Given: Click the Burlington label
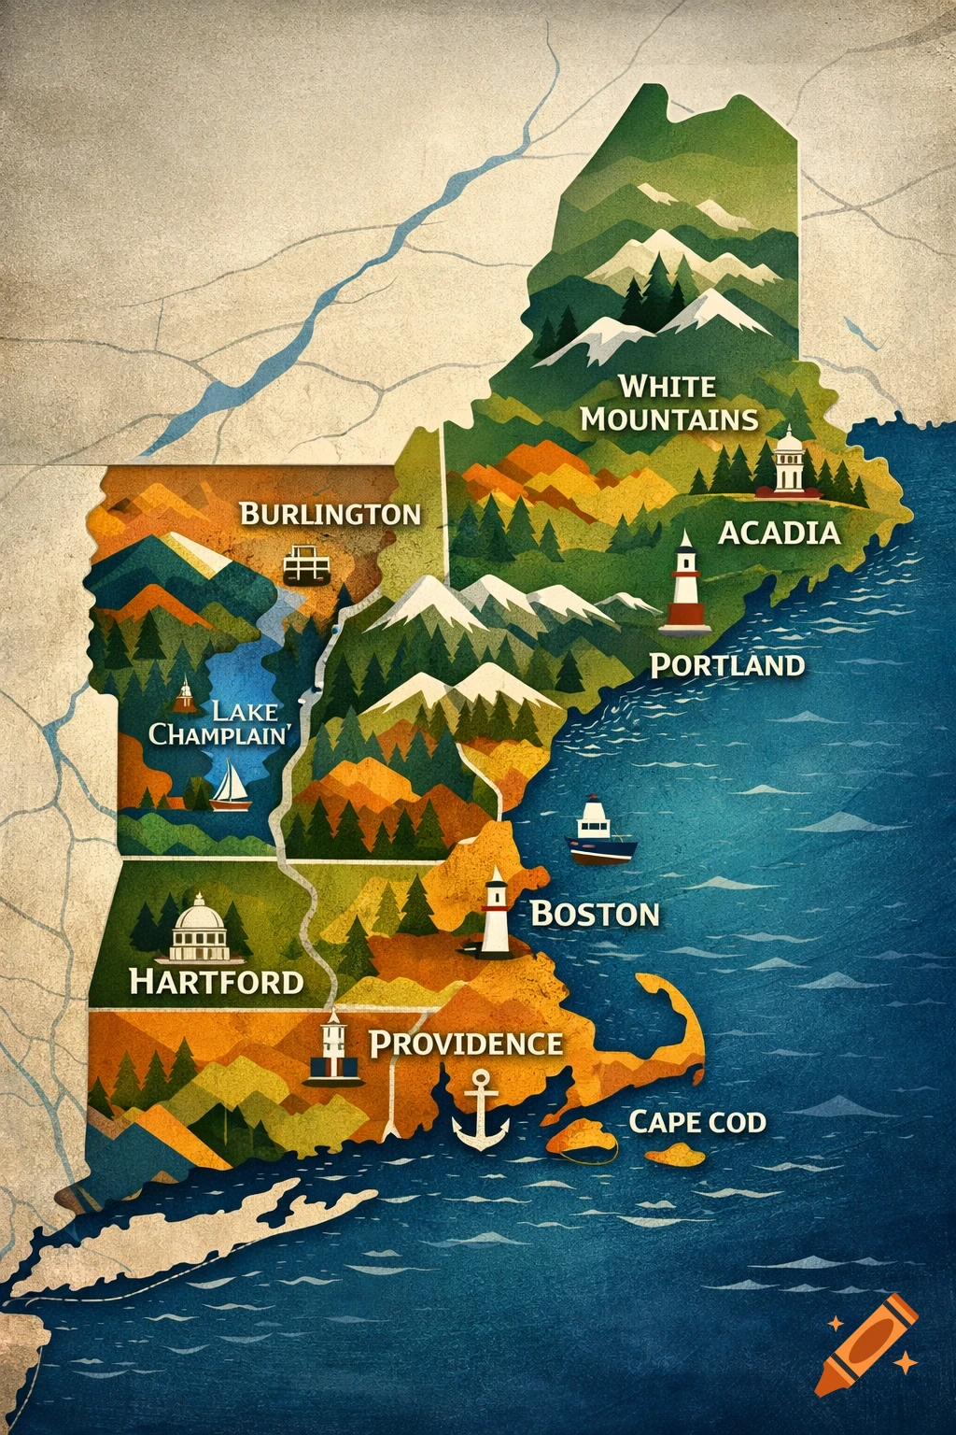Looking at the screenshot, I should coord(330,514).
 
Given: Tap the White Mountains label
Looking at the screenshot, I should coord(669,403).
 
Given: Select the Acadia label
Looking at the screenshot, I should coord(779,533).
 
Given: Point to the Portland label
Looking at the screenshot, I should coord(726,665).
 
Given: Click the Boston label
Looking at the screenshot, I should coord(595,914).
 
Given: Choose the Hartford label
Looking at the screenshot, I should coord(217,981).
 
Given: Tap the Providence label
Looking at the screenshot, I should coord(467,1044).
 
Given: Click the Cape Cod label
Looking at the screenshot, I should coord(697,1121).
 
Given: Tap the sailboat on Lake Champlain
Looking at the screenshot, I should coord(230,785).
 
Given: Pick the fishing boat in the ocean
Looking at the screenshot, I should coord(601,831).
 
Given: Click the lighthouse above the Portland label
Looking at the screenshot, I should coord(686,581).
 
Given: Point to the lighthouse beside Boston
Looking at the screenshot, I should coord(495,913).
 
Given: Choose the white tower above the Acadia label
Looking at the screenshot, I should coord(789,461).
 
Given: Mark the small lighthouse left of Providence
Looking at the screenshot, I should coord(332,1048).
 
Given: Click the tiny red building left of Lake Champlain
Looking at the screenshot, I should coord(185,695).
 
